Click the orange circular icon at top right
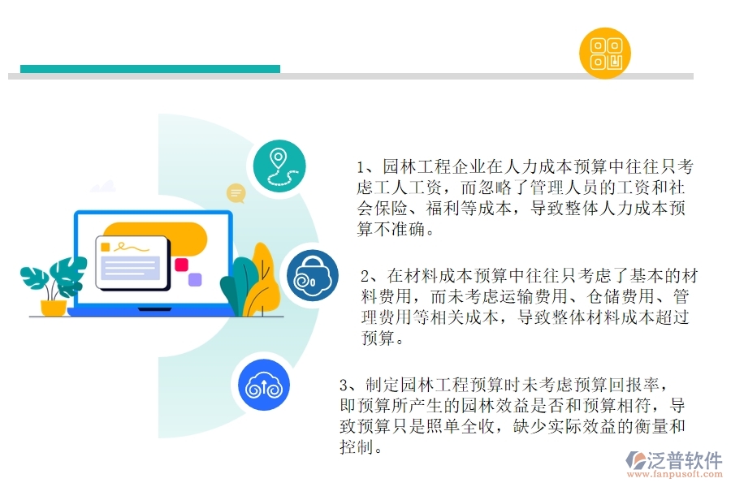[x=605, y=53]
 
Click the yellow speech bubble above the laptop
[x=236, y=193]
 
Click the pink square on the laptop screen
[x=181, y=265]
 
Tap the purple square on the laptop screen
[x=195, y=280]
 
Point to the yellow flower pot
[x=54, y=308]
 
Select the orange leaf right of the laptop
[x=262, y=276]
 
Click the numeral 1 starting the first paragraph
[x=361, y=167]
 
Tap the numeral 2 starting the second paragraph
[x=365, y=274]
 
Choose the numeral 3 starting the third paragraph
[x=344, y=384]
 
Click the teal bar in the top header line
[x=150, y=69]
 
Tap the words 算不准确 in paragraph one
[x=391, y=230]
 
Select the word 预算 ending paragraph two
[x=378, y=338]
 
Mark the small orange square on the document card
[x=105, y=246]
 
